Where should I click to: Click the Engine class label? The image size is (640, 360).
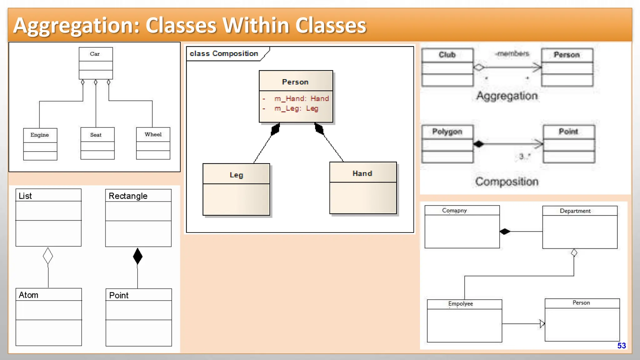40,135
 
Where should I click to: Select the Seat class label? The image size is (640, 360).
96,135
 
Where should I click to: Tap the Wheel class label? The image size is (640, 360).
153,134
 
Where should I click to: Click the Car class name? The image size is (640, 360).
95,54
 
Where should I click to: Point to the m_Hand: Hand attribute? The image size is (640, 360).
301,99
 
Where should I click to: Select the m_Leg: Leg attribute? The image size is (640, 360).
296,108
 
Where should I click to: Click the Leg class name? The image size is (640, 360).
236,175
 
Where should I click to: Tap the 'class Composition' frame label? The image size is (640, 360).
224,54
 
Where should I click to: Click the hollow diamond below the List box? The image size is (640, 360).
48,256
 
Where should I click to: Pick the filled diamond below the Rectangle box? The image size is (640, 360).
137,256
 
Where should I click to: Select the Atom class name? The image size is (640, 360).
28,295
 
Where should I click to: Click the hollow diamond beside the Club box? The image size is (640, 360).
479,67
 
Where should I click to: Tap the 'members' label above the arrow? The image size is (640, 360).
513,54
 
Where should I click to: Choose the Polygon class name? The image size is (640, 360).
447,132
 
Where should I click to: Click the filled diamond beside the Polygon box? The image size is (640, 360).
478,144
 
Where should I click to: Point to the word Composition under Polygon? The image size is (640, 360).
507,182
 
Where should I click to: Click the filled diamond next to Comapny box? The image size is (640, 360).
505,232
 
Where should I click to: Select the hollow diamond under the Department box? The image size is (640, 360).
574,252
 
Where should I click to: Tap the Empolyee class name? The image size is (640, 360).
460,304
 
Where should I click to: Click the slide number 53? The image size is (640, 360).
622,346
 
